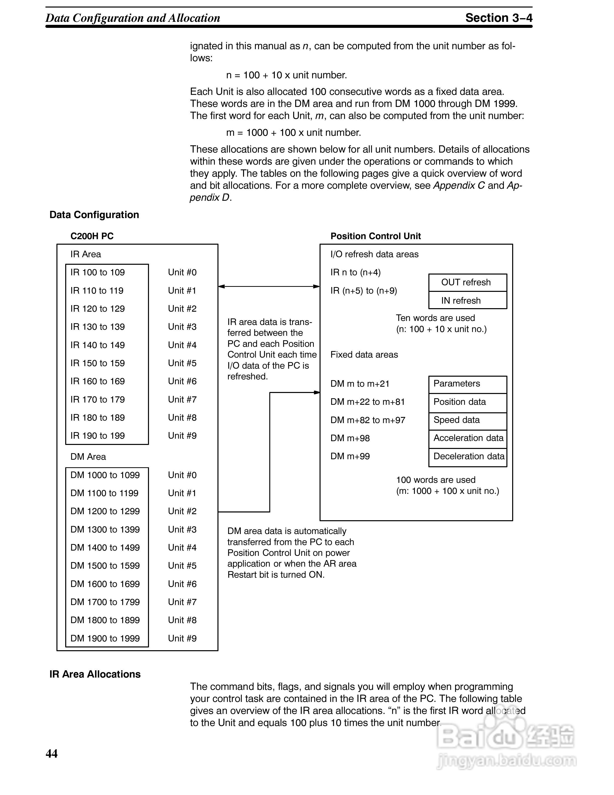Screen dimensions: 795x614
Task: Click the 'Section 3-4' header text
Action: pyautogui.click(x=498, y=18)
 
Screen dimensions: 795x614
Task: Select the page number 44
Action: pyautogui.click(x=52, y=753)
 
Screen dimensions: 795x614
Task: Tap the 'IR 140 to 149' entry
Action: pyautogui.click(x=98, y=345)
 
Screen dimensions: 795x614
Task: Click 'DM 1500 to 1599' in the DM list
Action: pyautogui.click(x=105, y=565)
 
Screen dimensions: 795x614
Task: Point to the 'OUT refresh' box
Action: pyautogui.click(x=468, y=283)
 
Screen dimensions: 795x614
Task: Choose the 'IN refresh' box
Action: pyautogui.click(x=468, y=300)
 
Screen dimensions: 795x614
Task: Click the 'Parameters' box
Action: pyautogui.click(x=468, y=384)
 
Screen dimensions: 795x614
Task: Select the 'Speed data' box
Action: pyautogui.click(x=468, y=420)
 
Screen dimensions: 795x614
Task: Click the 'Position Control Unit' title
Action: pyautogui.click(x=375, y=236)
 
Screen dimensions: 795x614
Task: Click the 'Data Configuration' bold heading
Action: pyautogui.click(x=94, y=215)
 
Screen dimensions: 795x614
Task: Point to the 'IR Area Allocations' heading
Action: pyautogui.click(x=95, y=674)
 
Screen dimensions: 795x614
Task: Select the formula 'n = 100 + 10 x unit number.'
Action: pyautogui.click(x=286, y=75)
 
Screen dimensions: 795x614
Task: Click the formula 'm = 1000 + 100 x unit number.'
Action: pyautogui.click(x=293, y=132)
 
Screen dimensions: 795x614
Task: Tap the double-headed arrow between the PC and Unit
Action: pyautogui.click(x=269, y=287)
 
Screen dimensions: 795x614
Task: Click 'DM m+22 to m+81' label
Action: pyautogui.click(x=367, y=402)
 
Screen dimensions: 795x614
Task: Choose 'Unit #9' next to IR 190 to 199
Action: pyautogui.click(x=182, y=436)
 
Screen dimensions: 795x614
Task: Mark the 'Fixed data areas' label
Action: pyautogui.click(x=364, y=355)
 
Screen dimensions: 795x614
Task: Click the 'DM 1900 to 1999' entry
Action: pyautogui.click(x=105, y=638)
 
